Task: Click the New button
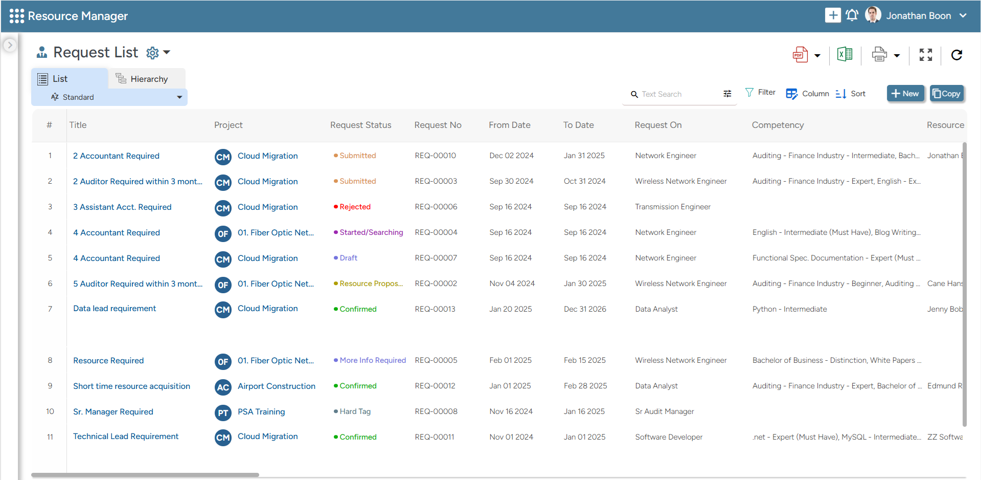tap(905, 94)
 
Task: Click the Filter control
tap(760, 93)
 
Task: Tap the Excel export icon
tap(845, 54)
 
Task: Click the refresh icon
tap(956, 55)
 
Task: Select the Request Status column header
tap(360, 125)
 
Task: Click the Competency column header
tap(778, 125)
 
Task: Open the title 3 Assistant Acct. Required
tap(122, 207)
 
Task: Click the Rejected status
tap(355, 207)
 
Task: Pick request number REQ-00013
tap(435, 309)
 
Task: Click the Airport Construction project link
tap(276, 386)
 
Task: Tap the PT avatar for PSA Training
tap(223, 412)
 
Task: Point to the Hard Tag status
tap(355, 411)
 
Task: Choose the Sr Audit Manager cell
tap(664, 411)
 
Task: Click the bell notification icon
tap(852, 15)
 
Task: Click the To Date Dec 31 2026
tap(585, 309)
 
